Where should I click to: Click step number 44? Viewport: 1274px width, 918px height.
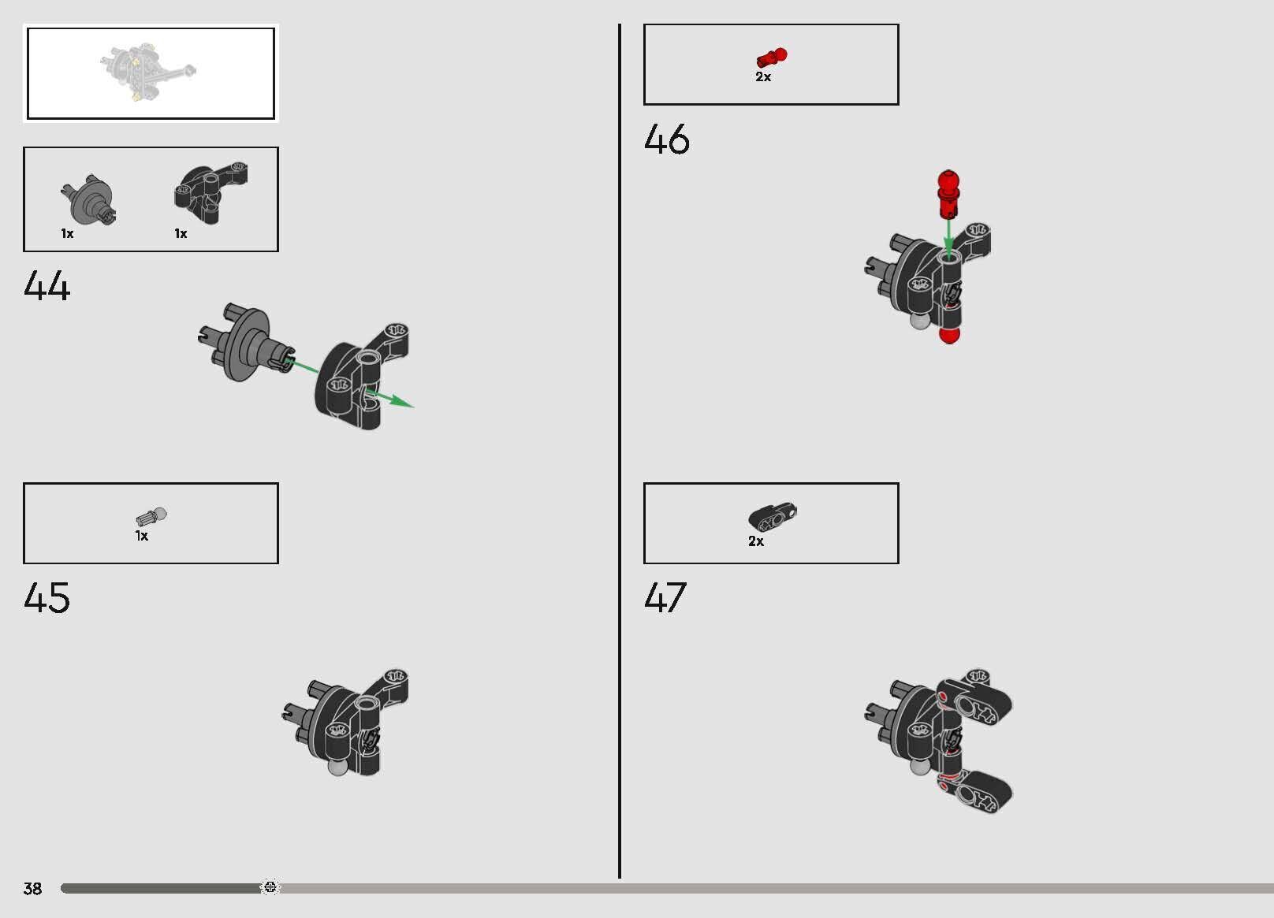pyautogui.click(x=47, y=285)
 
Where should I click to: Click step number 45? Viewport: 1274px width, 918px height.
pyautogui.click(x=47, y=597)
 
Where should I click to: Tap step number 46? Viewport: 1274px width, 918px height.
pyautogui.click(x=666, y=139)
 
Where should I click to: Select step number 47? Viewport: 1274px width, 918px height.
pyautogui.click(x=665, y=597)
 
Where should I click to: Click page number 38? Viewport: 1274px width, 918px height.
pyautogui.click(x=32, y=889)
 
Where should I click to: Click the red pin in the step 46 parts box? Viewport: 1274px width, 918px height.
pyautogui.click(x=772, y=58)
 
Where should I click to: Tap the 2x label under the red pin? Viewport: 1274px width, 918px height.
pyautogui.click(x=763, y=76)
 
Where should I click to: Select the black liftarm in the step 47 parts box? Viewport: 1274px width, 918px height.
pyautogui.click(x=773, y=517)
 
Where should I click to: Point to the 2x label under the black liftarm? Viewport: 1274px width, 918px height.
pyautogui.click(x=756, y=541)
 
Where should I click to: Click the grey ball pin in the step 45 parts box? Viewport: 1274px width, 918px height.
pyautogui.click(x=151, y=517)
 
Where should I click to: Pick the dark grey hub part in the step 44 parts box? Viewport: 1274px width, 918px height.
pyautogui.click(x=88, y=200)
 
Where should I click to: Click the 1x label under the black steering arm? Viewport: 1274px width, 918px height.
pyautogui.click(x=181, y=233)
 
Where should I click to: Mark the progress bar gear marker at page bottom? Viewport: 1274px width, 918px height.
pyautogui.click(x=270, y=887)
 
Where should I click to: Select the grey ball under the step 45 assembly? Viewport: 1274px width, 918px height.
pyautogui.click(x=338, y=767)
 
